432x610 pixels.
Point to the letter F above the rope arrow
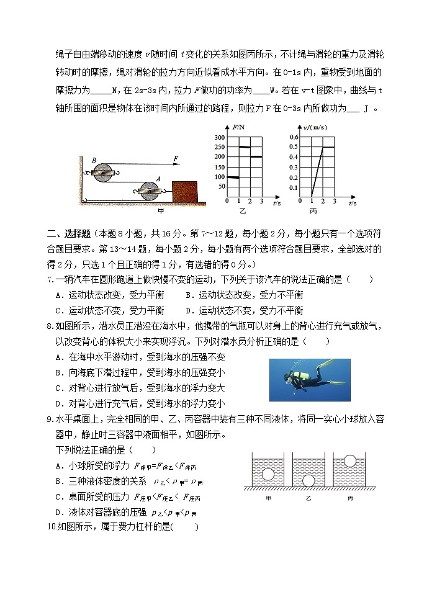coord(176,159)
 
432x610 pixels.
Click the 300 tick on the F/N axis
coord(218,137)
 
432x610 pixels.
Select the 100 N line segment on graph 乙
coord(233,177)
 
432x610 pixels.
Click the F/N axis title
coord(239,127)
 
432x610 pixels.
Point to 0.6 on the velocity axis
coord(294,137)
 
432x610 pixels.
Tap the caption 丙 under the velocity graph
coord(313,212)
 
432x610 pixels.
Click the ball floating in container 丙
coord(350,461)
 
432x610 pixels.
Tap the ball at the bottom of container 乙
coord(308,480)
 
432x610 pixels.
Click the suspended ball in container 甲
coord(268,475)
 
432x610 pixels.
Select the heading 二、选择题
coord(69,235)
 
